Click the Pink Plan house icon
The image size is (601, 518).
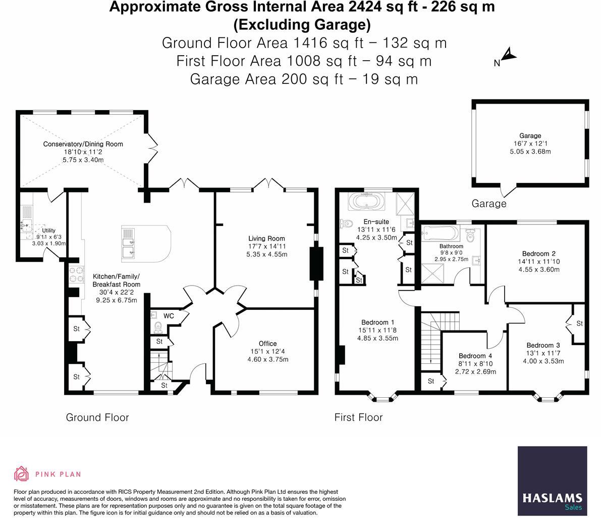coord(21,474)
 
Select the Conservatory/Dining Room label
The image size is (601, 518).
coord(83,144)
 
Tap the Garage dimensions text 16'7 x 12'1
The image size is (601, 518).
coord(530,144)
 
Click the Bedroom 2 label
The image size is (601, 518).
coord(539,254)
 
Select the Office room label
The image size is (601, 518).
coord(267,344)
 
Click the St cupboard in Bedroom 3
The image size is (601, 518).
coord(579,323)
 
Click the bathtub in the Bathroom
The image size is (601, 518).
coord(441,233)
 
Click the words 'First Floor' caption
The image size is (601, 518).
coord(358,417)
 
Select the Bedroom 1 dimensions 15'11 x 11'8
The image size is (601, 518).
coord(377,331)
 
